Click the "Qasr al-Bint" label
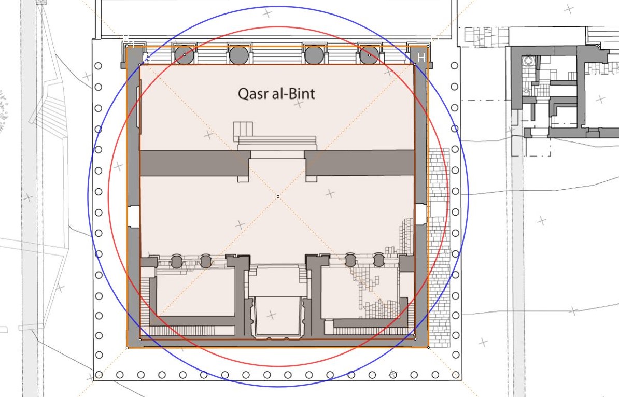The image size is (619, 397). click(x=277, y=94)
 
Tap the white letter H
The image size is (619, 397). click(x=421, y=58)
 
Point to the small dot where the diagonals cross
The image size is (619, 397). click(x=278, y=196)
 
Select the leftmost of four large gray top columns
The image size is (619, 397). click(x=185, y=55)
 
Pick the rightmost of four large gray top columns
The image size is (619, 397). click(x=370, y=55)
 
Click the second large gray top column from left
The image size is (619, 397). click(x=239, y=55)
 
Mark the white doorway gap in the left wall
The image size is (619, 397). click(x=134, y=216)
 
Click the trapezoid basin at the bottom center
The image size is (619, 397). click(x=277, y=316)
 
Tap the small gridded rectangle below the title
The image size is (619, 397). click(x=243, y=129)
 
